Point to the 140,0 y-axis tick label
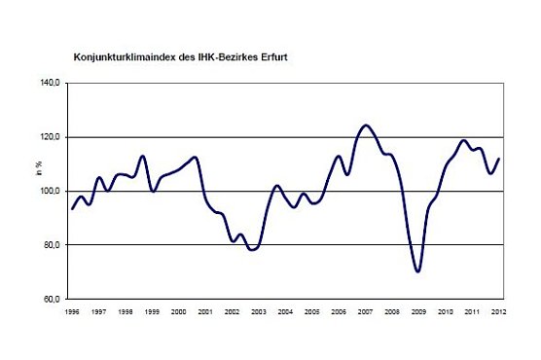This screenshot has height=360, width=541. coord(52,84)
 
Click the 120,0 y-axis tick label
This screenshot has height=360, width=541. coord(52,137)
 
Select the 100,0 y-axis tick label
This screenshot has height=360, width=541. coord(52,191)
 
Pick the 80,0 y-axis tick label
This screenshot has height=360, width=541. coord(54,245)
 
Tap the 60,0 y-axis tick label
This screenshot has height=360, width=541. coord(54,299)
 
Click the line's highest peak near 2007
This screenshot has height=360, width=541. coord(366,126)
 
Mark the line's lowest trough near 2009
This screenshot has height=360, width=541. coord(418,271)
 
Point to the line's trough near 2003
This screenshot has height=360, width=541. coord(253,250)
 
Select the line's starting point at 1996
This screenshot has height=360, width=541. coord(72,208)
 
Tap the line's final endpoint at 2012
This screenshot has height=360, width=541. coord(498,159)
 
